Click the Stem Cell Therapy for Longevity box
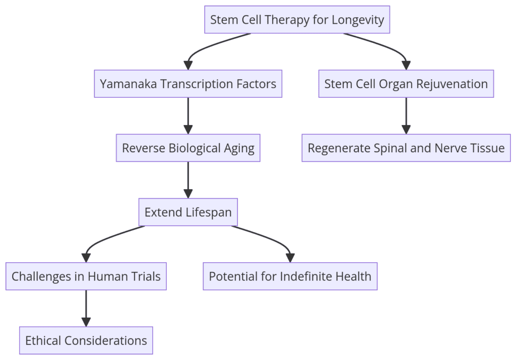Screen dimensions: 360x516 pos(297,20)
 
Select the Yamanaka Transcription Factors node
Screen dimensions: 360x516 pos(188,84)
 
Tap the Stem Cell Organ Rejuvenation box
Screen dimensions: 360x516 pos(406,84)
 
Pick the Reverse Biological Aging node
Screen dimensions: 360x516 pos(188,148)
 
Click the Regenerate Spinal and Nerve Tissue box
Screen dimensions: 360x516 pos(406,148)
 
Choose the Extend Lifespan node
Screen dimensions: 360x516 pos(188,212)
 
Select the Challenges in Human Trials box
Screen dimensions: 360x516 pos(86,276)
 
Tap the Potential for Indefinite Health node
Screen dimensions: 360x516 pos(290,276)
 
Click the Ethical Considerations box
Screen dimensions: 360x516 pos(86,340)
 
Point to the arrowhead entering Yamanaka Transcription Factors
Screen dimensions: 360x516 pos(188,66)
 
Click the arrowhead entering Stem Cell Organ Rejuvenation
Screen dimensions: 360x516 pos(406,66)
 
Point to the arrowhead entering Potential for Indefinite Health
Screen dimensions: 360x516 pos(290,258)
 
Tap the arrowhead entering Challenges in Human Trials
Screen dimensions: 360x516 pos(86,258)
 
